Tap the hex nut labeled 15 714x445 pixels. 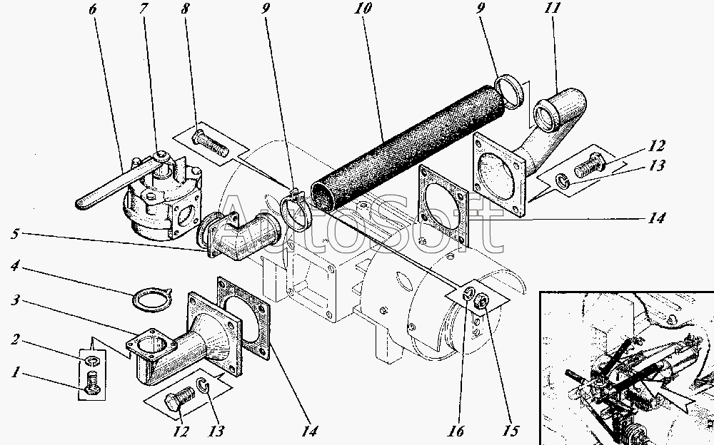coord(482,300)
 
